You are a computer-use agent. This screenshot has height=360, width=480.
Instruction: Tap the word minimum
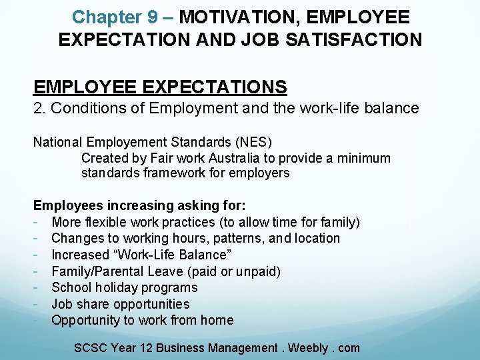point(365,158)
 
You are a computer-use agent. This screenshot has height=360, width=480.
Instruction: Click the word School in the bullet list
point(70,287)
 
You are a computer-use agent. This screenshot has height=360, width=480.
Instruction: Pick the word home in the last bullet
point(217,320)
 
